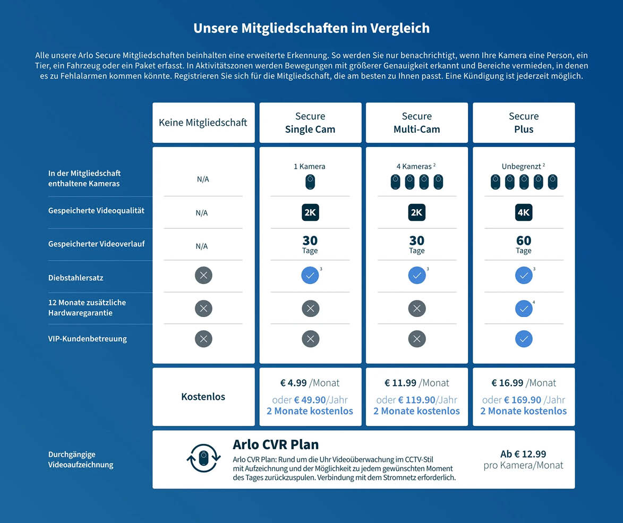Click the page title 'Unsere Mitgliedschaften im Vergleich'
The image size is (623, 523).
click(311, 28)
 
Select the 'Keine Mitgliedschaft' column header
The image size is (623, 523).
click(203, 123)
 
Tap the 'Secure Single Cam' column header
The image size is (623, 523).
click(310, 123)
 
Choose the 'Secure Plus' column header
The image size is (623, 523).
click(524, 123)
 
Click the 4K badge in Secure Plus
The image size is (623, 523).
click(524, 213)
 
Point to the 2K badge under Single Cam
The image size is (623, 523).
click(310, 213)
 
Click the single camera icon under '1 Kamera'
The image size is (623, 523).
click(310, 182)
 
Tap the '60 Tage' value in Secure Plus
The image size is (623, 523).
click(524, 244)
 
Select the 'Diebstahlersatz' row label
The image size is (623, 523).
click(76, 278)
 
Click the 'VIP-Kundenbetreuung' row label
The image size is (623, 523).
click(88, 339)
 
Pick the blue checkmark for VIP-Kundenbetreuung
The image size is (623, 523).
click(524, 339)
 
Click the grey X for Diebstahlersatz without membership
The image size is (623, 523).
click(203, 276)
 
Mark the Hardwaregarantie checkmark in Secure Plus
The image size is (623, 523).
click(524, 308)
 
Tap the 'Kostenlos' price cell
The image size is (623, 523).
click(203, 397)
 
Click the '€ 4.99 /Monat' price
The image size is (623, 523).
click(310, 383)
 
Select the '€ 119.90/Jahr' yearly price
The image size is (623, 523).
click(417, 400)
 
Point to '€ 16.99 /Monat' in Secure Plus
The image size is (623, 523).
click(524, 383)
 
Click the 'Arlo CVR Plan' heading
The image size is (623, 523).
click(276, 444)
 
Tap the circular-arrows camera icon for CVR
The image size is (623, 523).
click(203, 458)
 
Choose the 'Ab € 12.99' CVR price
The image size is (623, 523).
click(523, 454)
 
